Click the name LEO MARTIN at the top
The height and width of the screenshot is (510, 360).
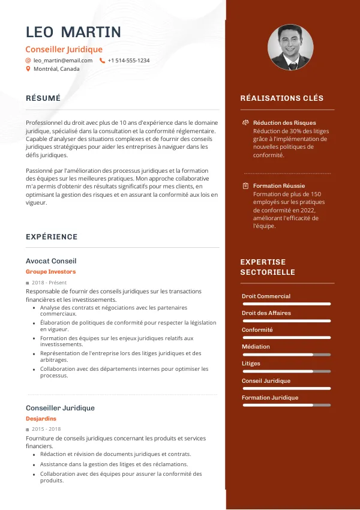point(73,32)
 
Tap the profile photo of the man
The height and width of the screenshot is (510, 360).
point(290,47)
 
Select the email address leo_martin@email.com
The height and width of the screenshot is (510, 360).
point(63,61)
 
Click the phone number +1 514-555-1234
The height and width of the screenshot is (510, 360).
point(128,61)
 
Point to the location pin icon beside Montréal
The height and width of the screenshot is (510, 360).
point(28,69)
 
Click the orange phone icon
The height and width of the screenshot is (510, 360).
point(102,61)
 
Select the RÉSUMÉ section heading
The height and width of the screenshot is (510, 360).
point(43,98)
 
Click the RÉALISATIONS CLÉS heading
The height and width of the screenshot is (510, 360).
point(281,98)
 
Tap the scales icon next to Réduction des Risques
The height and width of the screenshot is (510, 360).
point(245,122)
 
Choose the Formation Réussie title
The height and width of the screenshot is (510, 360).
point(279,186)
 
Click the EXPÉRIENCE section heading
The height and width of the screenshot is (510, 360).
point(52,237)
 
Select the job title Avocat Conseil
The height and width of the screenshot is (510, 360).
point(51,261)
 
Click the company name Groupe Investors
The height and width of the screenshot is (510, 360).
point(50,272)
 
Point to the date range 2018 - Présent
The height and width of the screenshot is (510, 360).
point(49,283)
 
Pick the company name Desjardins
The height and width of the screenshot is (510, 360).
point(41,419)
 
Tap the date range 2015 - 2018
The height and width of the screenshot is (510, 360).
point(46,430)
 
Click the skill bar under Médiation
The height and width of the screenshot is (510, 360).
point(286,355)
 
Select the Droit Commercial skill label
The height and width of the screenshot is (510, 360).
point(266,296)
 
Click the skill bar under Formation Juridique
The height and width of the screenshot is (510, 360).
point(286,405)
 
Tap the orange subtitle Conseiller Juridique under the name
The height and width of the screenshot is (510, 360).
point(64,49)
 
